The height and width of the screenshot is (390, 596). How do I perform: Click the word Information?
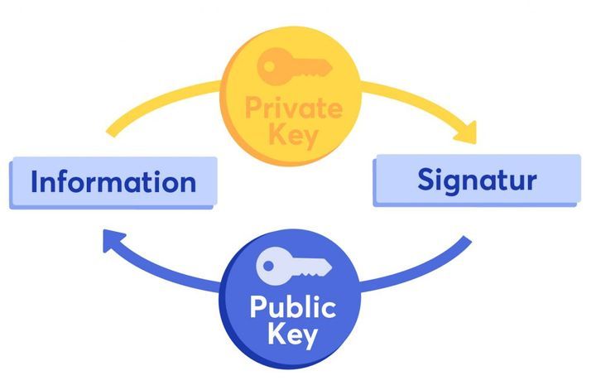click(113, 181)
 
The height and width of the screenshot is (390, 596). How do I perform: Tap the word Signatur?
click(476, 179)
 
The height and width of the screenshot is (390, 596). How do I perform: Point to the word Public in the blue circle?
click(292, 309)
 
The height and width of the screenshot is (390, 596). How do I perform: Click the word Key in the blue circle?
click(293, 335)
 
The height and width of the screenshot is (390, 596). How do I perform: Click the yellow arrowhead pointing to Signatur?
click(465, 130)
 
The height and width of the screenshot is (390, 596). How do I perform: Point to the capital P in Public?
click(258, 309)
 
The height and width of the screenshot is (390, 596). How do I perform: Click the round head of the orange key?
click(270, 65)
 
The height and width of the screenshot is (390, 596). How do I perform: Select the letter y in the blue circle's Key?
click(312, 339)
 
